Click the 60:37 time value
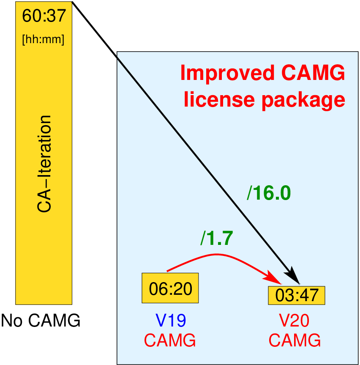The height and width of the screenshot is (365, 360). [44, 16]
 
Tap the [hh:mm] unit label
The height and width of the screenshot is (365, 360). [43, 41]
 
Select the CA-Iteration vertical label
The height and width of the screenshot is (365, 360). [44, 164]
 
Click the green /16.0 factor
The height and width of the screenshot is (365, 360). [269, 193]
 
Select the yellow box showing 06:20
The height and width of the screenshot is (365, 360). [170, 288]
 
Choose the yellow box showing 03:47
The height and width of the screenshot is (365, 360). [296, 295]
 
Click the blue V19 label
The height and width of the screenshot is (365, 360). [170, 321]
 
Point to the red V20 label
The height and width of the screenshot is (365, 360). [295, 321]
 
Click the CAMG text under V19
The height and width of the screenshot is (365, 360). [170, 340]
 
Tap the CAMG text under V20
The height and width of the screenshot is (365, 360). [295, 340]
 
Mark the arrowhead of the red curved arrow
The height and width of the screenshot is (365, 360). [277, 281]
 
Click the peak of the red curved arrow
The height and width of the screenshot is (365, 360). [217, 254]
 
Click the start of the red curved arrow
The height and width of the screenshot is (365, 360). [168, 271]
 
